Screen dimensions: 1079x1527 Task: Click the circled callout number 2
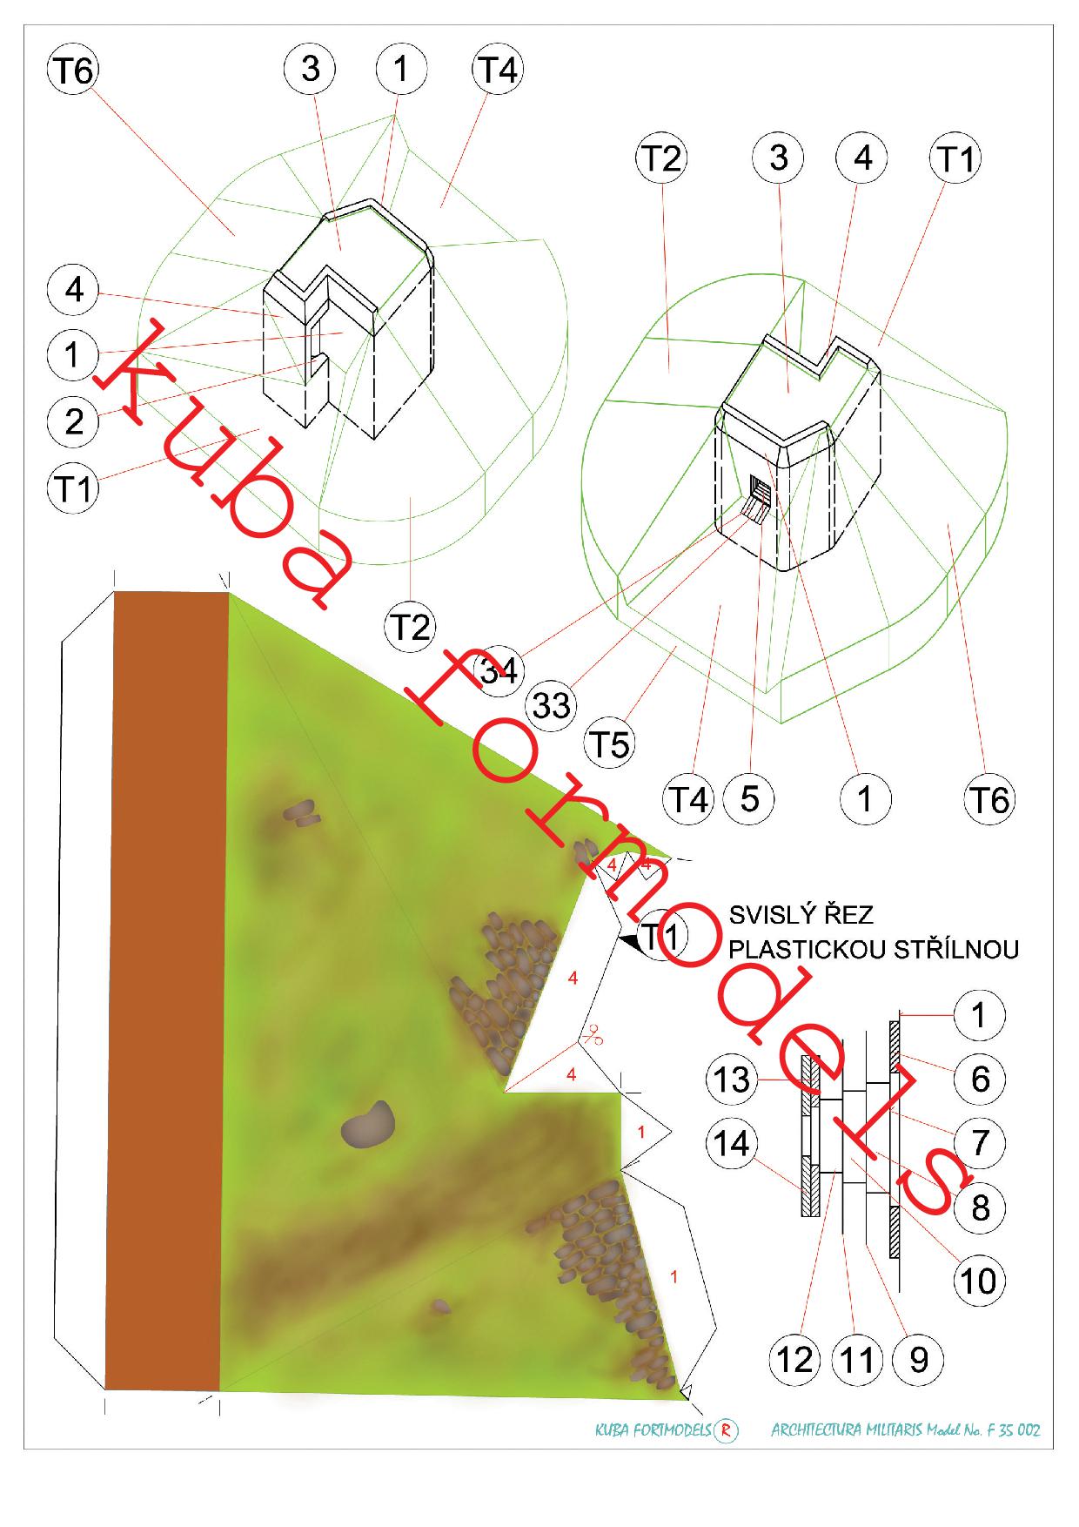pyautogui.click(x=74, y=420)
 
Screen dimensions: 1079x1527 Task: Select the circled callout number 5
pyautogui.click(x=749, y=798)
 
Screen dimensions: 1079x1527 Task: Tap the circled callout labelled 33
pyautogui.click(x=552, y=704)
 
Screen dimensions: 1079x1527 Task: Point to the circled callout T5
pyautogui.click(x=610, y=744)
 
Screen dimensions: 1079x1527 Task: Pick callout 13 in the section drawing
pyautogui.click(x=732, y=1080)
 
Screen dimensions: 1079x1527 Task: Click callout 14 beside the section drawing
pyautogui.click(x=732, y=1143)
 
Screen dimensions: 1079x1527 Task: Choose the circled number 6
pyautogui.click(x=980, y=1079)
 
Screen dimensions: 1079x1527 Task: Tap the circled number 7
pyautogui.click(x=980, y=1142)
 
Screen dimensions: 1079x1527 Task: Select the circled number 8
pyautogui.click(x=980, y=1207)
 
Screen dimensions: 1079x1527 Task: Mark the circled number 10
pyautogui.click(x=980, y=1281)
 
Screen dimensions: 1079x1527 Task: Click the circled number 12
pyautogui.click(x=795, y=1359)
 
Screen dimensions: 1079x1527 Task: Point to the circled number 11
pyautogui.click(x=857, y=1359)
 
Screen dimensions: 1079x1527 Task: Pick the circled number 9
pyautogui.click(x=919, y=1359)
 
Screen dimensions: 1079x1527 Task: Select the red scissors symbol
pyautogui.click(x=593, y=1035)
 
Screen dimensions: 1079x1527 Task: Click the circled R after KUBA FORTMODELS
pyautogui.click(x=726, y=1430)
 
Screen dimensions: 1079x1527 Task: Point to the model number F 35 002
pyautogui.click(x=1011, y=1430)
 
